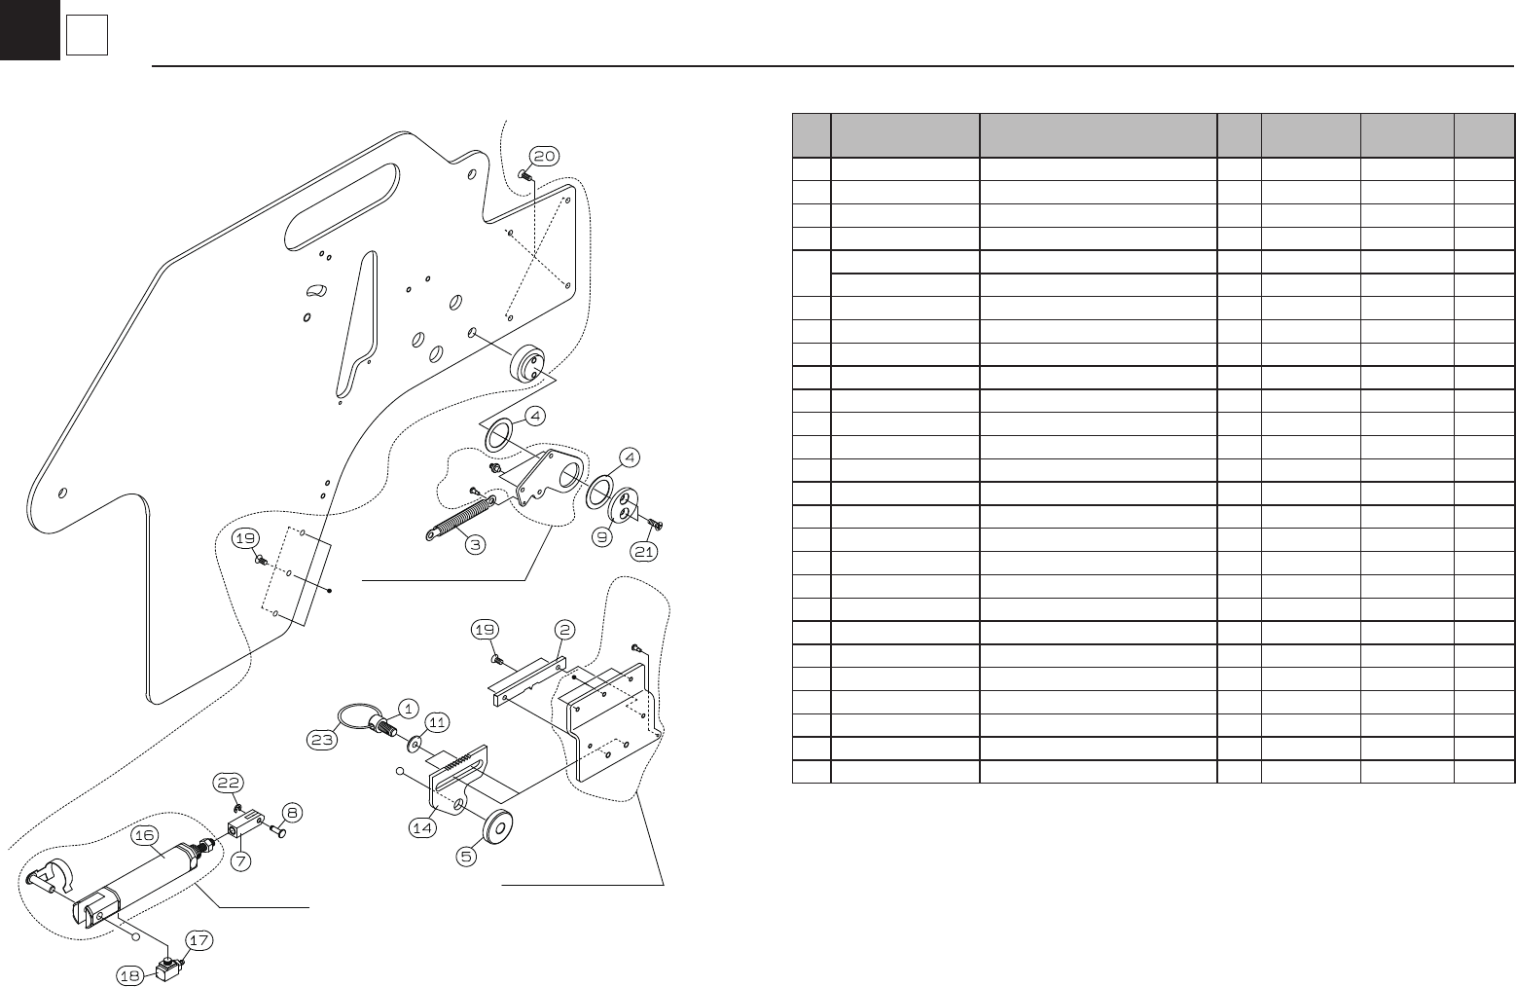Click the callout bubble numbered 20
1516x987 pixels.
(x=543, y=156)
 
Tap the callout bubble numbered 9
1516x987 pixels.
(x=602, y=536)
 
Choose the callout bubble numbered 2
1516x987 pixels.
(x=564, y=629)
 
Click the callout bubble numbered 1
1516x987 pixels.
(x=407, y=708)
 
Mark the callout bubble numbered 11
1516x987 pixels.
(x=437, y=722)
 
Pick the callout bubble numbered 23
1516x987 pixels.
(x=323, y=740)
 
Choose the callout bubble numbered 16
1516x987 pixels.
(x=145, y=835)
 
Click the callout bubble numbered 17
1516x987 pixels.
(x=199, y=941)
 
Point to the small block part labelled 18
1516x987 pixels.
(x=160, y=972)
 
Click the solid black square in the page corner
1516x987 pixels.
(x=29, y=29)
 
